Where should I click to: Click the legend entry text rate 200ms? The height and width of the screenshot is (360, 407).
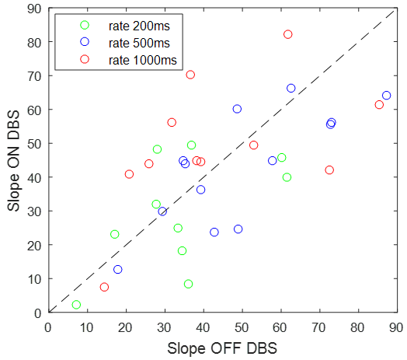(137, 25)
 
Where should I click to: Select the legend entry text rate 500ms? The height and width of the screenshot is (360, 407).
(137, 41)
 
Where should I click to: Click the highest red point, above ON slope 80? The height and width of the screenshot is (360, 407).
(288, 34)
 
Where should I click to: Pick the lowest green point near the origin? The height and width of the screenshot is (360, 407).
(76, 305)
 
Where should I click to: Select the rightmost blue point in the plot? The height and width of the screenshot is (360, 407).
(386, 96)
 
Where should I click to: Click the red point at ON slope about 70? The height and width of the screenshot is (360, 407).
(190, 75)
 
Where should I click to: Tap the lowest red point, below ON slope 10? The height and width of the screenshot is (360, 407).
(104, 287)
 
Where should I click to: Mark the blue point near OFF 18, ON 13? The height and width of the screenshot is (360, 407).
(118, 269)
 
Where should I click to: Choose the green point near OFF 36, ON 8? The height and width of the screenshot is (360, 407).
(188, 284)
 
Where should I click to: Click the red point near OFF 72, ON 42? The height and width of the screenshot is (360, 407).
(329, 170)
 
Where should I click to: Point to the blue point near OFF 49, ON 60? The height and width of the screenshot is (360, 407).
(237, 109)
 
